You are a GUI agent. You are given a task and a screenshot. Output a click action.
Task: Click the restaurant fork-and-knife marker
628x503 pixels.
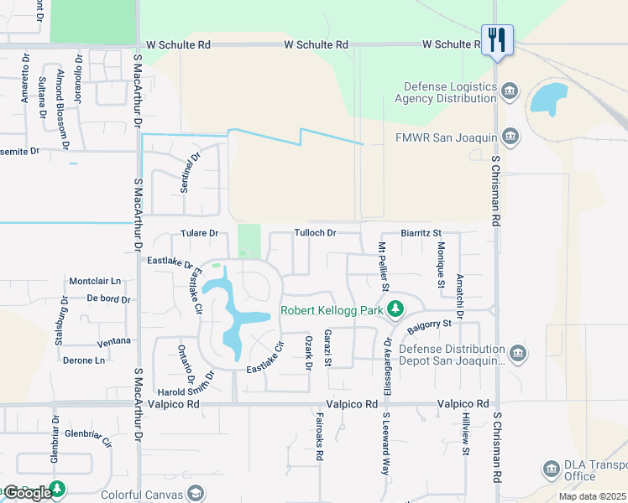point(497,39)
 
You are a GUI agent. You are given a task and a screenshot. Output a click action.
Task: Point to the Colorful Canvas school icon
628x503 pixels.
point(195,493)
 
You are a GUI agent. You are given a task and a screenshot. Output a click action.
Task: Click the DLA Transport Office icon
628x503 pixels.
point(552,469)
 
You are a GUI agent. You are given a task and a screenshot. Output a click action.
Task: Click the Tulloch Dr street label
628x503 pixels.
point(315,232)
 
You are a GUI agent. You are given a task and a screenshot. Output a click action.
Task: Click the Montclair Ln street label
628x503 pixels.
point(95,281)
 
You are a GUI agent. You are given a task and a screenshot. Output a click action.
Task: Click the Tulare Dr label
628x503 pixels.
point(199,233)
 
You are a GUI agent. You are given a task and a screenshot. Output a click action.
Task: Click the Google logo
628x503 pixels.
point(28,493)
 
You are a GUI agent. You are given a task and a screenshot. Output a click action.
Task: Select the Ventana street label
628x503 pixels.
point(113,341)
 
